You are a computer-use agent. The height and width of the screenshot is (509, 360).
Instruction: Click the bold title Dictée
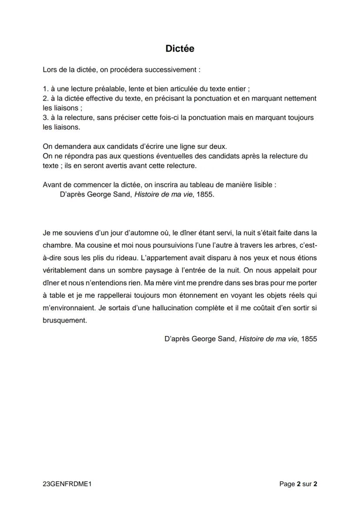pos(180,49)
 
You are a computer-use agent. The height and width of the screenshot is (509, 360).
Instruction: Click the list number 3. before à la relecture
pos(45,118)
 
